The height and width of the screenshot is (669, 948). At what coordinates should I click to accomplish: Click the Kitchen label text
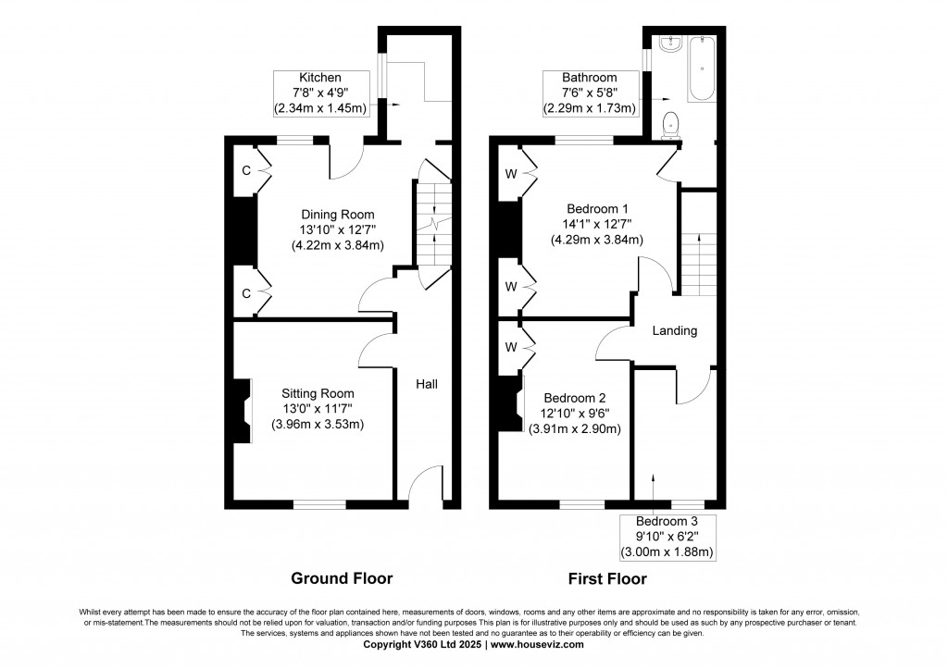[319, 77]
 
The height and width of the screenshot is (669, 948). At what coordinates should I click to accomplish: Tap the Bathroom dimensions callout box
[589, 93]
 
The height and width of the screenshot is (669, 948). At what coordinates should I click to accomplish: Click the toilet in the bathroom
[671, 123]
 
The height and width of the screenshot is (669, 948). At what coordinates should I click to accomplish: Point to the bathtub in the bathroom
[702, 70]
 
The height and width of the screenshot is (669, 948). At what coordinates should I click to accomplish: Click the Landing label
[674, 330]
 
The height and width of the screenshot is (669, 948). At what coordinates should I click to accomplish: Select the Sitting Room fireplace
[243, 411]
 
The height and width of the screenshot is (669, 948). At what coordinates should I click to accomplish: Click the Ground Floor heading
[342, 579]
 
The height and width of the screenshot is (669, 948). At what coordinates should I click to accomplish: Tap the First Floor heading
[608, 579]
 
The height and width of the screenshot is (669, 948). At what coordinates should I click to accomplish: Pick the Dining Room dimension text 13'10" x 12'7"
[337, 229]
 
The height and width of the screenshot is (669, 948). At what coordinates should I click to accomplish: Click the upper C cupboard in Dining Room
[247, 171]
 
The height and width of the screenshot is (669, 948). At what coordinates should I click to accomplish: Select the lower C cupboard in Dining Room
[247, 293]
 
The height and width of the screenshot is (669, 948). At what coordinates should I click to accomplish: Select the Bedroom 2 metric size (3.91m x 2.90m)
[574, 428]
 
